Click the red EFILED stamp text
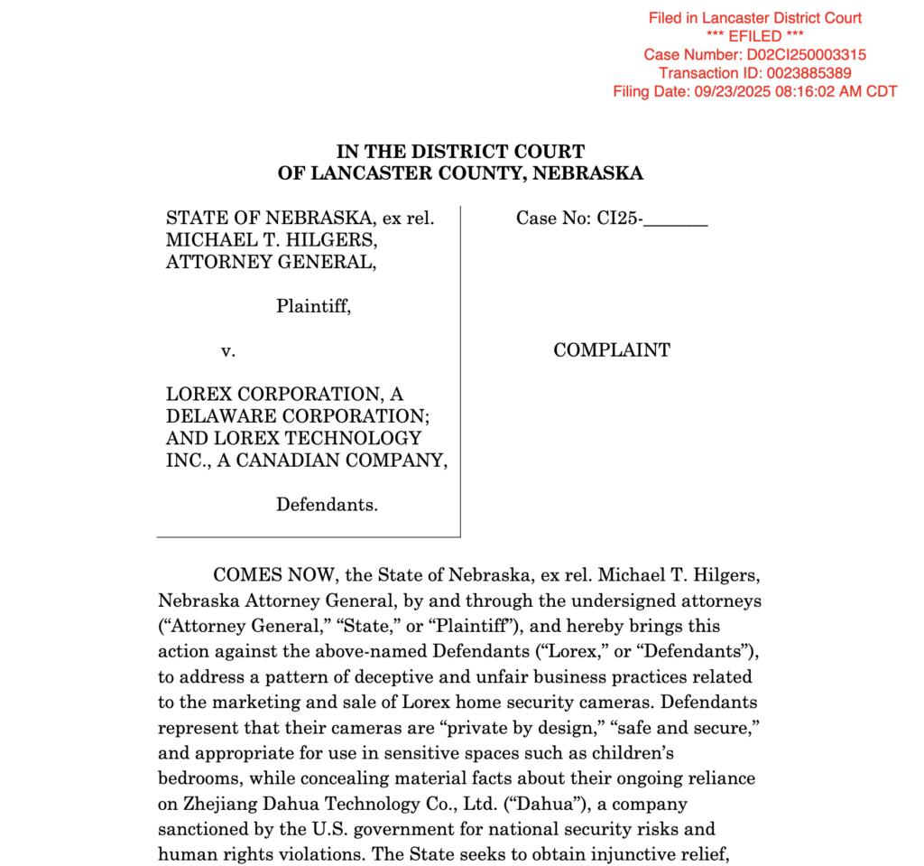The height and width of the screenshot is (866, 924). coord(755,36)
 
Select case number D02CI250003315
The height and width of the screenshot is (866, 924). coord(807,55)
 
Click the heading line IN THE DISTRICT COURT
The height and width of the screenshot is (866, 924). coord(460,152)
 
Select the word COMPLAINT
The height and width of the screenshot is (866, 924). coord(612,350)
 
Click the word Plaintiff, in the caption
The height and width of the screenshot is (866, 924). coord(313,306)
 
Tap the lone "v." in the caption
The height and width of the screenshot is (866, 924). coord(228,350)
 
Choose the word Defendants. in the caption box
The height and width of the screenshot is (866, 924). coord(327,505)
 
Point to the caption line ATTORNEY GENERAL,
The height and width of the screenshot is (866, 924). coord(271,262)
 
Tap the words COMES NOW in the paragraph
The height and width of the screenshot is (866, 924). coord(263,576)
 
